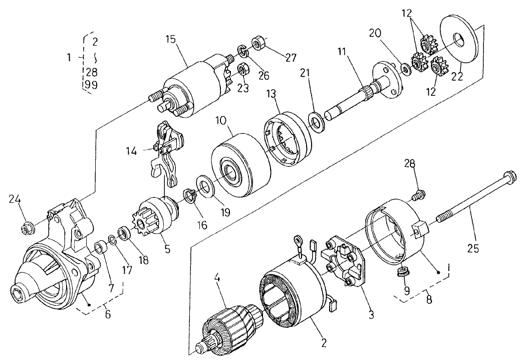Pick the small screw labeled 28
419,192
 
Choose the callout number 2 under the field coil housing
324,343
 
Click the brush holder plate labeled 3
346,266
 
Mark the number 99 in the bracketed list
91,85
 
